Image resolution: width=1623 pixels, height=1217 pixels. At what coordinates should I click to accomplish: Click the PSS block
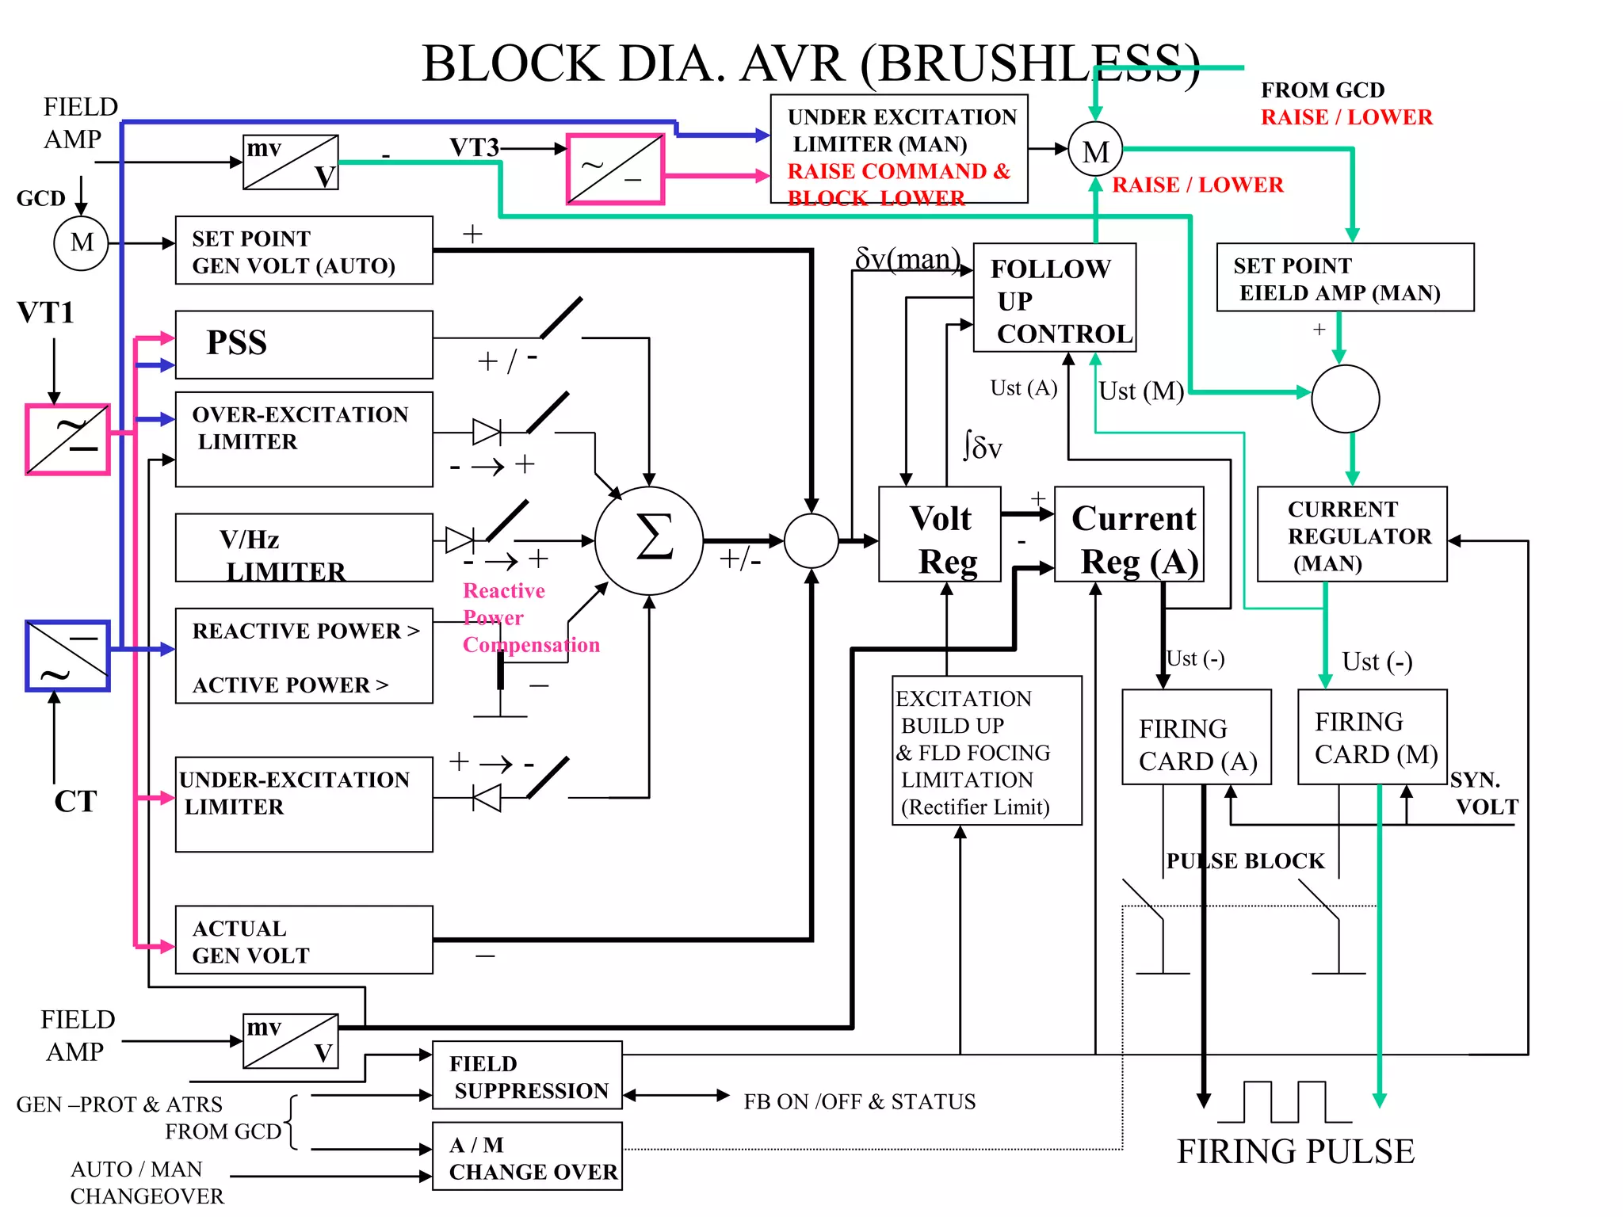point(304,344)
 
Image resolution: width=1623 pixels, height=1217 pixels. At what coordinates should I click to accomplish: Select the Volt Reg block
point(940,535)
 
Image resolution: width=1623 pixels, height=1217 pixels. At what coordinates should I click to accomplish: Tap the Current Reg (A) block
point(1129,535)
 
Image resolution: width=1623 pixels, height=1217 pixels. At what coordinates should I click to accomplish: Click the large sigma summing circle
point(649,540)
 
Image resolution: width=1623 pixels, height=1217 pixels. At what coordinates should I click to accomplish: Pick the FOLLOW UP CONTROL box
point(1054,298)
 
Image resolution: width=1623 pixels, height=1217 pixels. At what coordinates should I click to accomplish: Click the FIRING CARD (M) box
point(1372,737)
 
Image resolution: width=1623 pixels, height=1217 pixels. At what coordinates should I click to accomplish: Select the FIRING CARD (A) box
point(1197,737)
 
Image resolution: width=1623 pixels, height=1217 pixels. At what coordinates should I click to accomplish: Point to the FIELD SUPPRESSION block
point(527,1075)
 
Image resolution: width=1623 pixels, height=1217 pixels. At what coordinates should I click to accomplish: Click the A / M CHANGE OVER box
point(527,1156)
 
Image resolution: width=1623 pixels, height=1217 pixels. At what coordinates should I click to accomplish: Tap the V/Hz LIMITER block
point(304,547)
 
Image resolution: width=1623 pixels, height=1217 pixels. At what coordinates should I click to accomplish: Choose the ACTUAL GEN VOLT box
point(304,940)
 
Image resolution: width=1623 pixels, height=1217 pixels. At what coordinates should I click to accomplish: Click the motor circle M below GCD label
point(81,243)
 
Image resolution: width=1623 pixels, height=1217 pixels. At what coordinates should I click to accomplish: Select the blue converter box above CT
point(67,656)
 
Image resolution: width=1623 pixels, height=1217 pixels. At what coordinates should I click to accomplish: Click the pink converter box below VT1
point(67,440)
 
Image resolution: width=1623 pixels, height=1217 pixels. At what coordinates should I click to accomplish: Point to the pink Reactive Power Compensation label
point(529,618)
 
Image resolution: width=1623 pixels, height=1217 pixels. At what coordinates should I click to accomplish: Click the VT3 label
point(474,147)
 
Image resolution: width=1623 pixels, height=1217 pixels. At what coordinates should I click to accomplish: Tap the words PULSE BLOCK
point(1245,861)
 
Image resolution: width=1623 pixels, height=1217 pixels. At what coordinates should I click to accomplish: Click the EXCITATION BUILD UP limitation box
point(987,750)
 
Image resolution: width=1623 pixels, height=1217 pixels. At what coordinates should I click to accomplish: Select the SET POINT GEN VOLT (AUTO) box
point(304,250)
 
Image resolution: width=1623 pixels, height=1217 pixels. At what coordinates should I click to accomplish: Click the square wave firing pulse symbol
point(1285,1102)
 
